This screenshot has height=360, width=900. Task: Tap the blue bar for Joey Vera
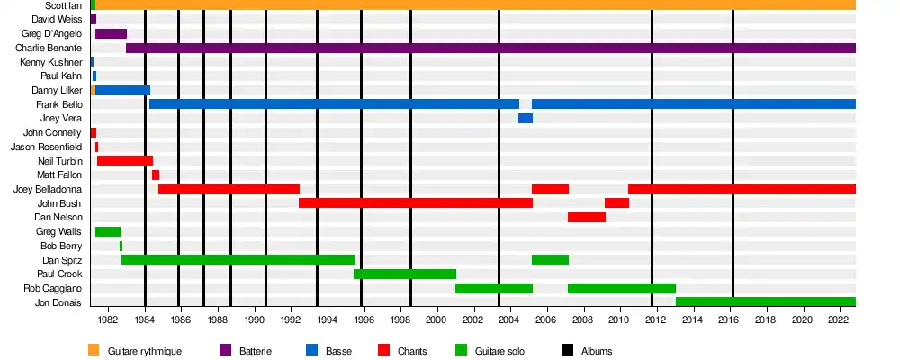coord(526,119)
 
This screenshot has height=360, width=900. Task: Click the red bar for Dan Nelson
coord(587,217)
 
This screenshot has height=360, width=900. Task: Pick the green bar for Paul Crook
coord(405,274)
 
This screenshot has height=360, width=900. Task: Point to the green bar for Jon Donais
coord(765,301)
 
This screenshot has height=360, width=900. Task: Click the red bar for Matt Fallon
coord(156,175)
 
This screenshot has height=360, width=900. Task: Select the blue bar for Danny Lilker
coord(122,90)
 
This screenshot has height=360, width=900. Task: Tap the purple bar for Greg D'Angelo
coord(111,33)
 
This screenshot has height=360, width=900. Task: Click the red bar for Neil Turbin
coord(125,160)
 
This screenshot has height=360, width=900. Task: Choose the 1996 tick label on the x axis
coord(364,319)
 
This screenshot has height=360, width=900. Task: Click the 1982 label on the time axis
coord(108,319)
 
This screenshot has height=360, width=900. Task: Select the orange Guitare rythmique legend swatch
coord(94,350)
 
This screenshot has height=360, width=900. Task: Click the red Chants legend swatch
coord(383,350)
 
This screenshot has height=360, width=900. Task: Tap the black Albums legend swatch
coord(568,350)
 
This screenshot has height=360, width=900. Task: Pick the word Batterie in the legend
coord(256,350)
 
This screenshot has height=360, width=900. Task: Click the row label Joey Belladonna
coord(48,189)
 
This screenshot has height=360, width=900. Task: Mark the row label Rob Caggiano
coord(53,288)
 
